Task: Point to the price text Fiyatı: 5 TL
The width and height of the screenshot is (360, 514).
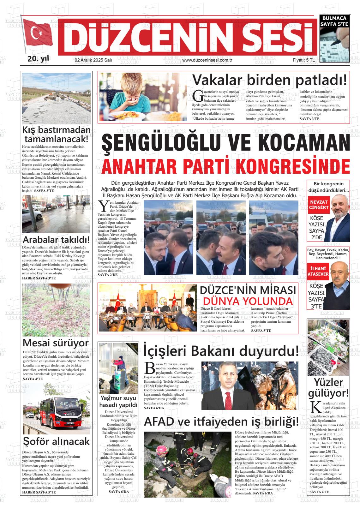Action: pos(303,60)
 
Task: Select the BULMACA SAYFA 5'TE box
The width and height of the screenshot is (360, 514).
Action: pos(334,21)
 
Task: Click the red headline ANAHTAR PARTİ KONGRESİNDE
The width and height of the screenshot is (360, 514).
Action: pos(226,166)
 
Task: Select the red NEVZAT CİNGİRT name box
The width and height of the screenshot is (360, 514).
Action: pos(319,205)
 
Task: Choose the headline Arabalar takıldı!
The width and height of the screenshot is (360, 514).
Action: pos(56,239)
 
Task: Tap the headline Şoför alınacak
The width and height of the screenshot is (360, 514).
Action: pos(56,441)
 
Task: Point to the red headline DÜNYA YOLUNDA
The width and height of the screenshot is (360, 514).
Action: pos(248,301)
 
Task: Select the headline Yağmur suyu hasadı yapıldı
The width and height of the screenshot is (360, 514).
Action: pos(118,401)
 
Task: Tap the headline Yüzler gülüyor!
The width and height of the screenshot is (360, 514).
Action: pos(328,388)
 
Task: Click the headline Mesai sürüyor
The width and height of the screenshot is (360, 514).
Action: pos(56,343)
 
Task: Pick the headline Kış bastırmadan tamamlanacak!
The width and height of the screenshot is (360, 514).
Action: pos(56,134)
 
